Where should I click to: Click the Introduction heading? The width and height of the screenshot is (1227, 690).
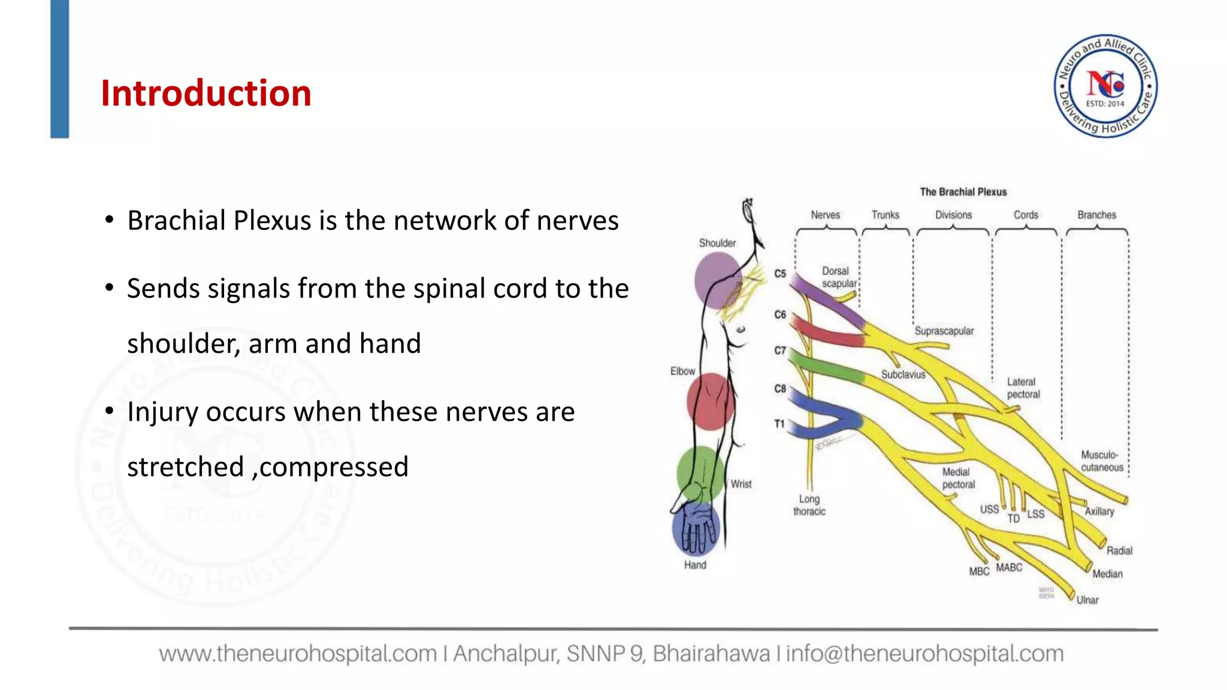coord(205,94)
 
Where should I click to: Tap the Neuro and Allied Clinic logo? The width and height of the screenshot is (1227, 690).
coord(1105,86)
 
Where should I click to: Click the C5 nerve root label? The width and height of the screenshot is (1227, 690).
coord(779,274)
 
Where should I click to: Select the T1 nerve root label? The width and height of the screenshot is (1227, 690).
coord(779,424)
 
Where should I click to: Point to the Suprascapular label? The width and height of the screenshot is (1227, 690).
coord(944,331)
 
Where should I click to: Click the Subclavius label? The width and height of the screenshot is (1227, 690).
coord(903,375)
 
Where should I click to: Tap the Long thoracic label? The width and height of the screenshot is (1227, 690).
coord(809,506)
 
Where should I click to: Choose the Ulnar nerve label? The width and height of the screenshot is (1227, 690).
coord(1087,600)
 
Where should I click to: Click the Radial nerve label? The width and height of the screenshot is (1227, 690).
coord(1119,551)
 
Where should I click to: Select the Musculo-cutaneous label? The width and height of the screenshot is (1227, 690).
coord(1102,461)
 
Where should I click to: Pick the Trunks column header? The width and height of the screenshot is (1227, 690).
coord(885,215)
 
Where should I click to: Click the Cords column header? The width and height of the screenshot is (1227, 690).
coord(1026,215)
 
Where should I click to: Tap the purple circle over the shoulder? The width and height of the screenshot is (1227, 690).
coord(718,280)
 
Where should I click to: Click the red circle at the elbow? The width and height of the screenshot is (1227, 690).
coord(710,401)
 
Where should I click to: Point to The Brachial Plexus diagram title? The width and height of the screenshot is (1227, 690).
coord(963,192)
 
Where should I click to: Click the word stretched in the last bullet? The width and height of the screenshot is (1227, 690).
coord(186,467)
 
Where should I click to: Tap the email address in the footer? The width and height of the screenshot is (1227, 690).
coord(924,653)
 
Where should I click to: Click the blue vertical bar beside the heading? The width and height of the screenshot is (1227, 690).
coord(59,69)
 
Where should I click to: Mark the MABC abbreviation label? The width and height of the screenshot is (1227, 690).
coord(1009,567)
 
